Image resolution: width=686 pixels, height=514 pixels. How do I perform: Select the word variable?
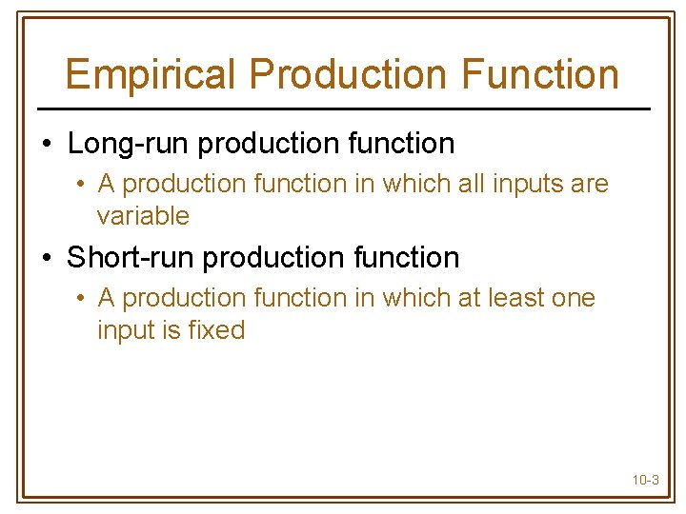143,216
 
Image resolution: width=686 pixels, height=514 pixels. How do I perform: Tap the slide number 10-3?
645,480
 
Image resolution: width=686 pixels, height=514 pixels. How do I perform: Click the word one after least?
574,298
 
